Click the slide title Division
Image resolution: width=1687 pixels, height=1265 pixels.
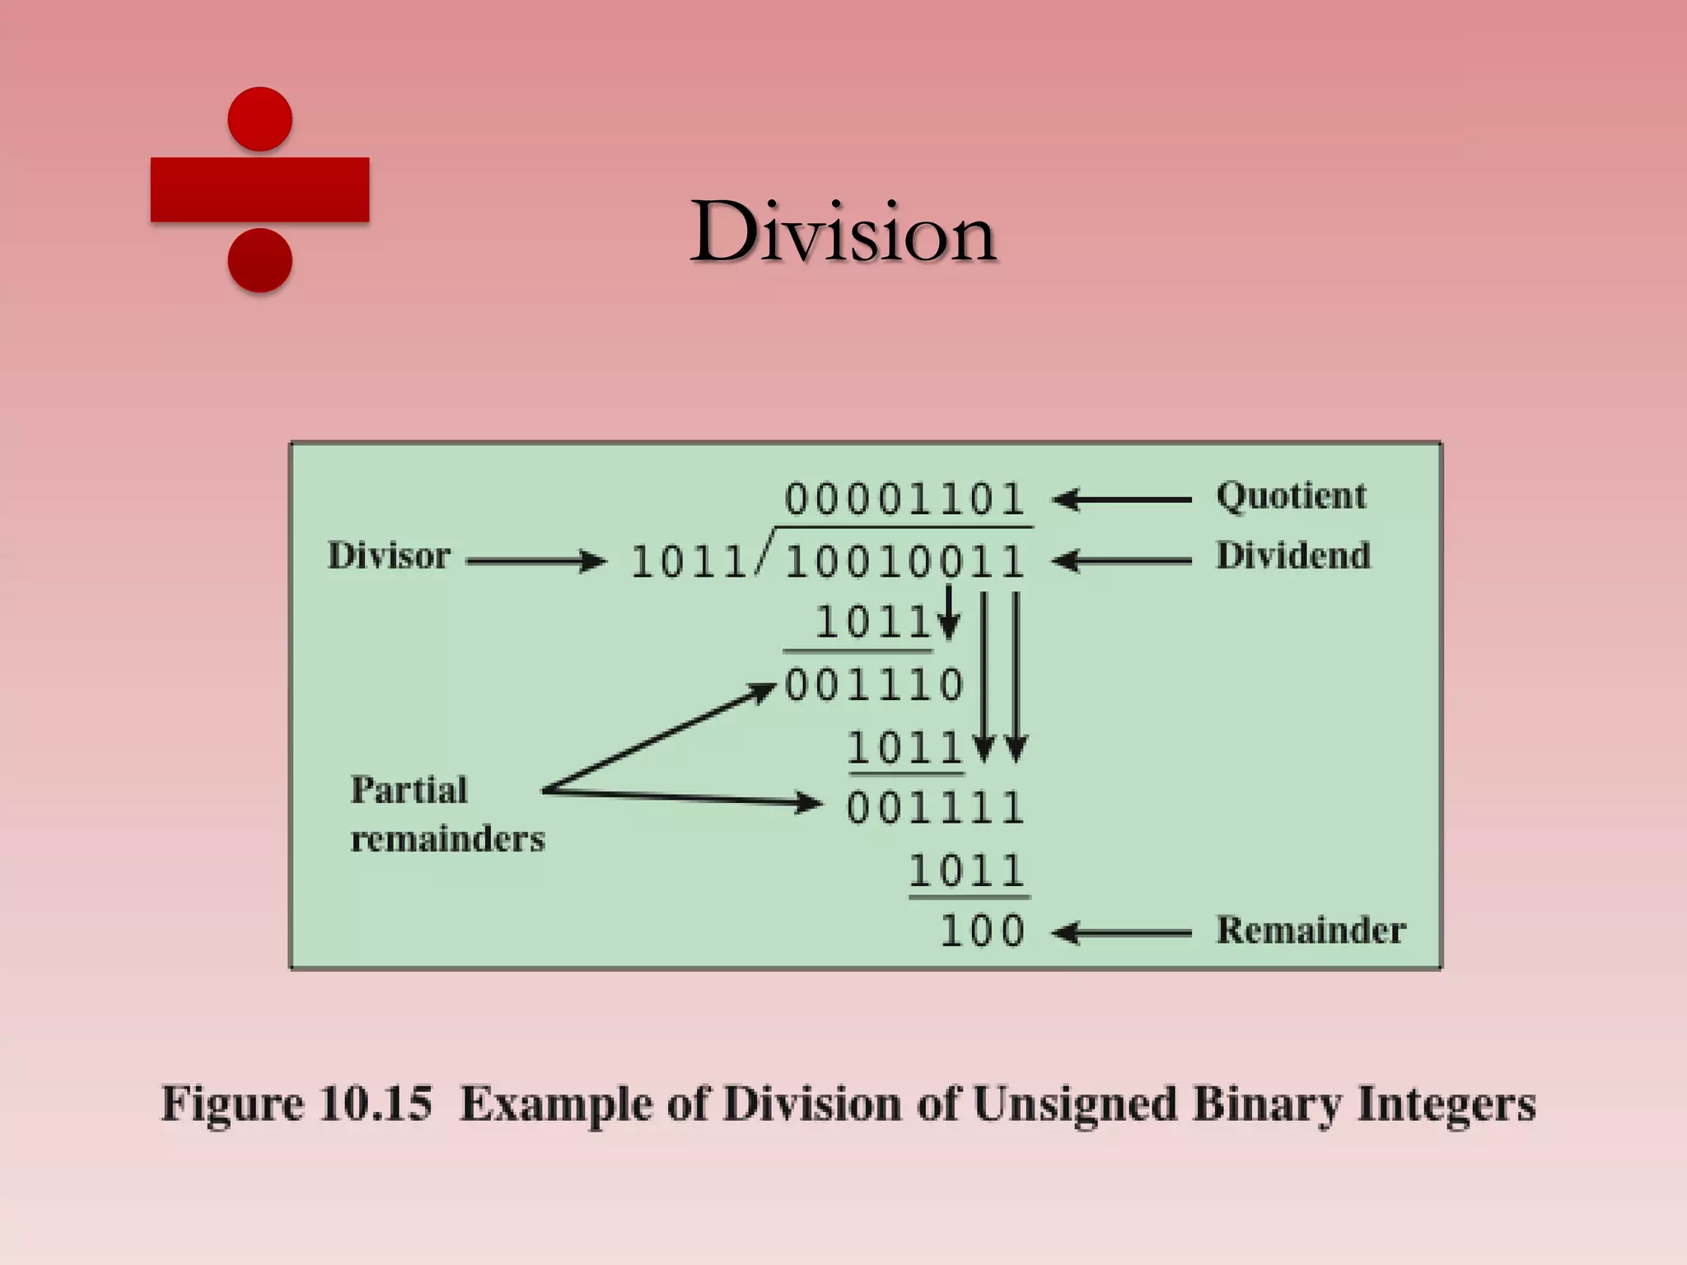coord(843,233)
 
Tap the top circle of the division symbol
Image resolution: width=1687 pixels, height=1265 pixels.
coord(259,119)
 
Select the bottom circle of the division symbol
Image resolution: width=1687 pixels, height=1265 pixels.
coord(259,260)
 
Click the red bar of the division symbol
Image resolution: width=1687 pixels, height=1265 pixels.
coord(259,189)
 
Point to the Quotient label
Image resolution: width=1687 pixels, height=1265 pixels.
coord(1291,497)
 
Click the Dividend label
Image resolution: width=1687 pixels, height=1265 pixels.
coord(1293,557)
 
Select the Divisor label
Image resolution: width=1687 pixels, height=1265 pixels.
coord(389,557)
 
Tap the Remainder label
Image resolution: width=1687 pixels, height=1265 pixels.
coord(1311,931)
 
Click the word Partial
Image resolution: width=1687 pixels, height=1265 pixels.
coord(409,791)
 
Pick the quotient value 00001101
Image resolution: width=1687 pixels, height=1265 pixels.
coord(904,499)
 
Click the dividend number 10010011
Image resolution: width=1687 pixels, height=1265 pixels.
coord(904,562)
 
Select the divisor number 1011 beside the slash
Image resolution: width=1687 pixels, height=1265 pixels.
coord(688,562)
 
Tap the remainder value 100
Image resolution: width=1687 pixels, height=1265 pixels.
coord(982,931)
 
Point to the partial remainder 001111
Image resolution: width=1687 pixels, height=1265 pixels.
coord(935,808)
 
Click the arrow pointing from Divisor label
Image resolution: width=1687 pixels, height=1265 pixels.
coord(535,562)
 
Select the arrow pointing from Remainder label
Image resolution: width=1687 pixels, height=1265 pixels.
coord(1122,933)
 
